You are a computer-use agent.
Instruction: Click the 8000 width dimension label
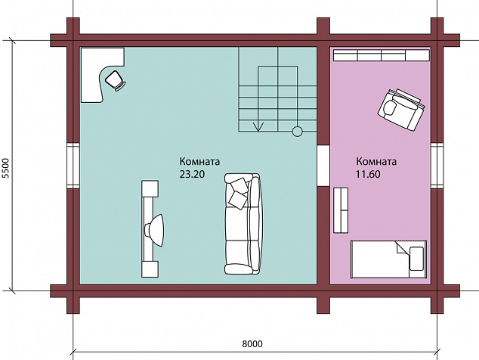point(252,344)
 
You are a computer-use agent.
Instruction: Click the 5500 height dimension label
point(6,168)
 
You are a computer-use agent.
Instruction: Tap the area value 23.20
point(192,174)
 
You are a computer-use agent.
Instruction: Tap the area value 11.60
point(368,174)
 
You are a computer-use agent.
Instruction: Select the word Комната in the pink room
point(376,161)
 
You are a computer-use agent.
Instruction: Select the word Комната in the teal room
point(199,161)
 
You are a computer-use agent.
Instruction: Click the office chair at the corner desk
point(115,80)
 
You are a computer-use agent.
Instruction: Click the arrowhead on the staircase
point(258,126)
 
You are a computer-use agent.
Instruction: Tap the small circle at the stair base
point(297,132)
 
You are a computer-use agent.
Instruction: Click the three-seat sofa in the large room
point(243,224)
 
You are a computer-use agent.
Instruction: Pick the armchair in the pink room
point(400,109)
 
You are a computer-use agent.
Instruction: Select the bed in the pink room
point(388,259)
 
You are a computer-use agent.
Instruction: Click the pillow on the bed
point(416,259)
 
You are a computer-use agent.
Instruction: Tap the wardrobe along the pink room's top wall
point(382,55)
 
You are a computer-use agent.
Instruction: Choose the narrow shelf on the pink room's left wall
point(341,210)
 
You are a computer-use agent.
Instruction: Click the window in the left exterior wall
point(73,166)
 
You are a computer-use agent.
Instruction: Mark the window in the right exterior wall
point(437,166)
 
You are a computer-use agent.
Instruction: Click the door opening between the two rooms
point(323,166)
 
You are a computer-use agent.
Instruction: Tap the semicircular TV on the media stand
point(155,230)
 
